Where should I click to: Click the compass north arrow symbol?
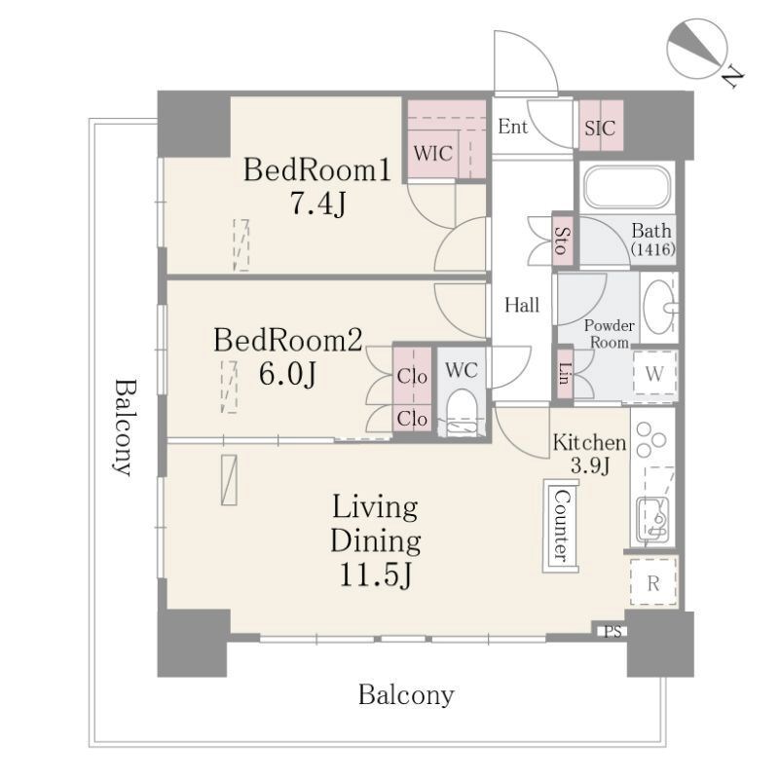tap(697, 49)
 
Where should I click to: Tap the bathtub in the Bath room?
tap(627, 187)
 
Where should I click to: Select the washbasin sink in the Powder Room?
tap(659, 307)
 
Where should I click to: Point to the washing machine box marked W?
tap(654, 374)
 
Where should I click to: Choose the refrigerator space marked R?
tap(653, 582)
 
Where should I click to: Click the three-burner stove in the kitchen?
tap(651, 439)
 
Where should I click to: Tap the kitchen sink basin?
tap(652, 521)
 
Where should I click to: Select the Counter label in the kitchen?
tap(562, 526)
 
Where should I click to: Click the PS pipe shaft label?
tap(612, 631)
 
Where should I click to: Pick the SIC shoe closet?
tap(601, 126)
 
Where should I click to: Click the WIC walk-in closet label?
tap(432, 154)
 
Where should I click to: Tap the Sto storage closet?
tap(563, 241)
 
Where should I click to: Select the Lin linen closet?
tap(565, 374)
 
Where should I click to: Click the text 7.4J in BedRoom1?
tap(317, 203)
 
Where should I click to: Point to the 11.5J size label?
tap(375, 575)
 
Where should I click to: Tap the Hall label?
tap(522, 305)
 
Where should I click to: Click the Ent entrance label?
tap(513, 127)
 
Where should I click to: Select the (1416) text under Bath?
tap(652, 248)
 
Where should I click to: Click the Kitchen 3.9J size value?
tap(590, 465)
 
